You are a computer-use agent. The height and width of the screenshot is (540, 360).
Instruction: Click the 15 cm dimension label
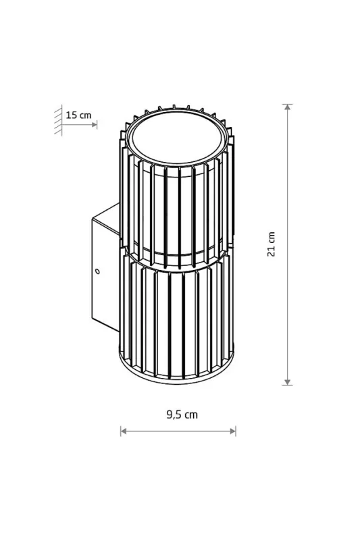point(78,115)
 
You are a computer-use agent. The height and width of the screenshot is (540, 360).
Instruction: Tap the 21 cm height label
point(272,244)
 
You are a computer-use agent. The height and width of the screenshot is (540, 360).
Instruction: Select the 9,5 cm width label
point(182,414)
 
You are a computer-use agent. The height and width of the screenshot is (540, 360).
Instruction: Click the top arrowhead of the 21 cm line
point(287,107)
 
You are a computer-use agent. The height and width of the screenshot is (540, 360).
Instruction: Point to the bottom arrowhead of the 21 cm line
point(287,382)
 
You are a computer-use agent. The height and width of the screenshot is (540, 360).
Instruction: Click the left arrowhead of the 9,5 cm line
point(124,431)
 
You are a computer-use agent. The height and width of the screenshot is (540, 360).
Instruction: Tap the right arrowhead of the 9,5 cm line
point(233,431)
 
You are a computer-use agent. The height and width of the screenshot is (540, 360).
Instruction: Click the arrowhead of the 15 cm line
point(95,125)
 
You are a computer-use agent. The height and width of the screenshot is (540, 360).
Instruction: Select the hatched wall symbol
point(58,120)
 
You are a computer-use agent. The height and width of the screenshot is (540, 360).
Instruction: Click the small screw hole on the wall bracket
point(97,271)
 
